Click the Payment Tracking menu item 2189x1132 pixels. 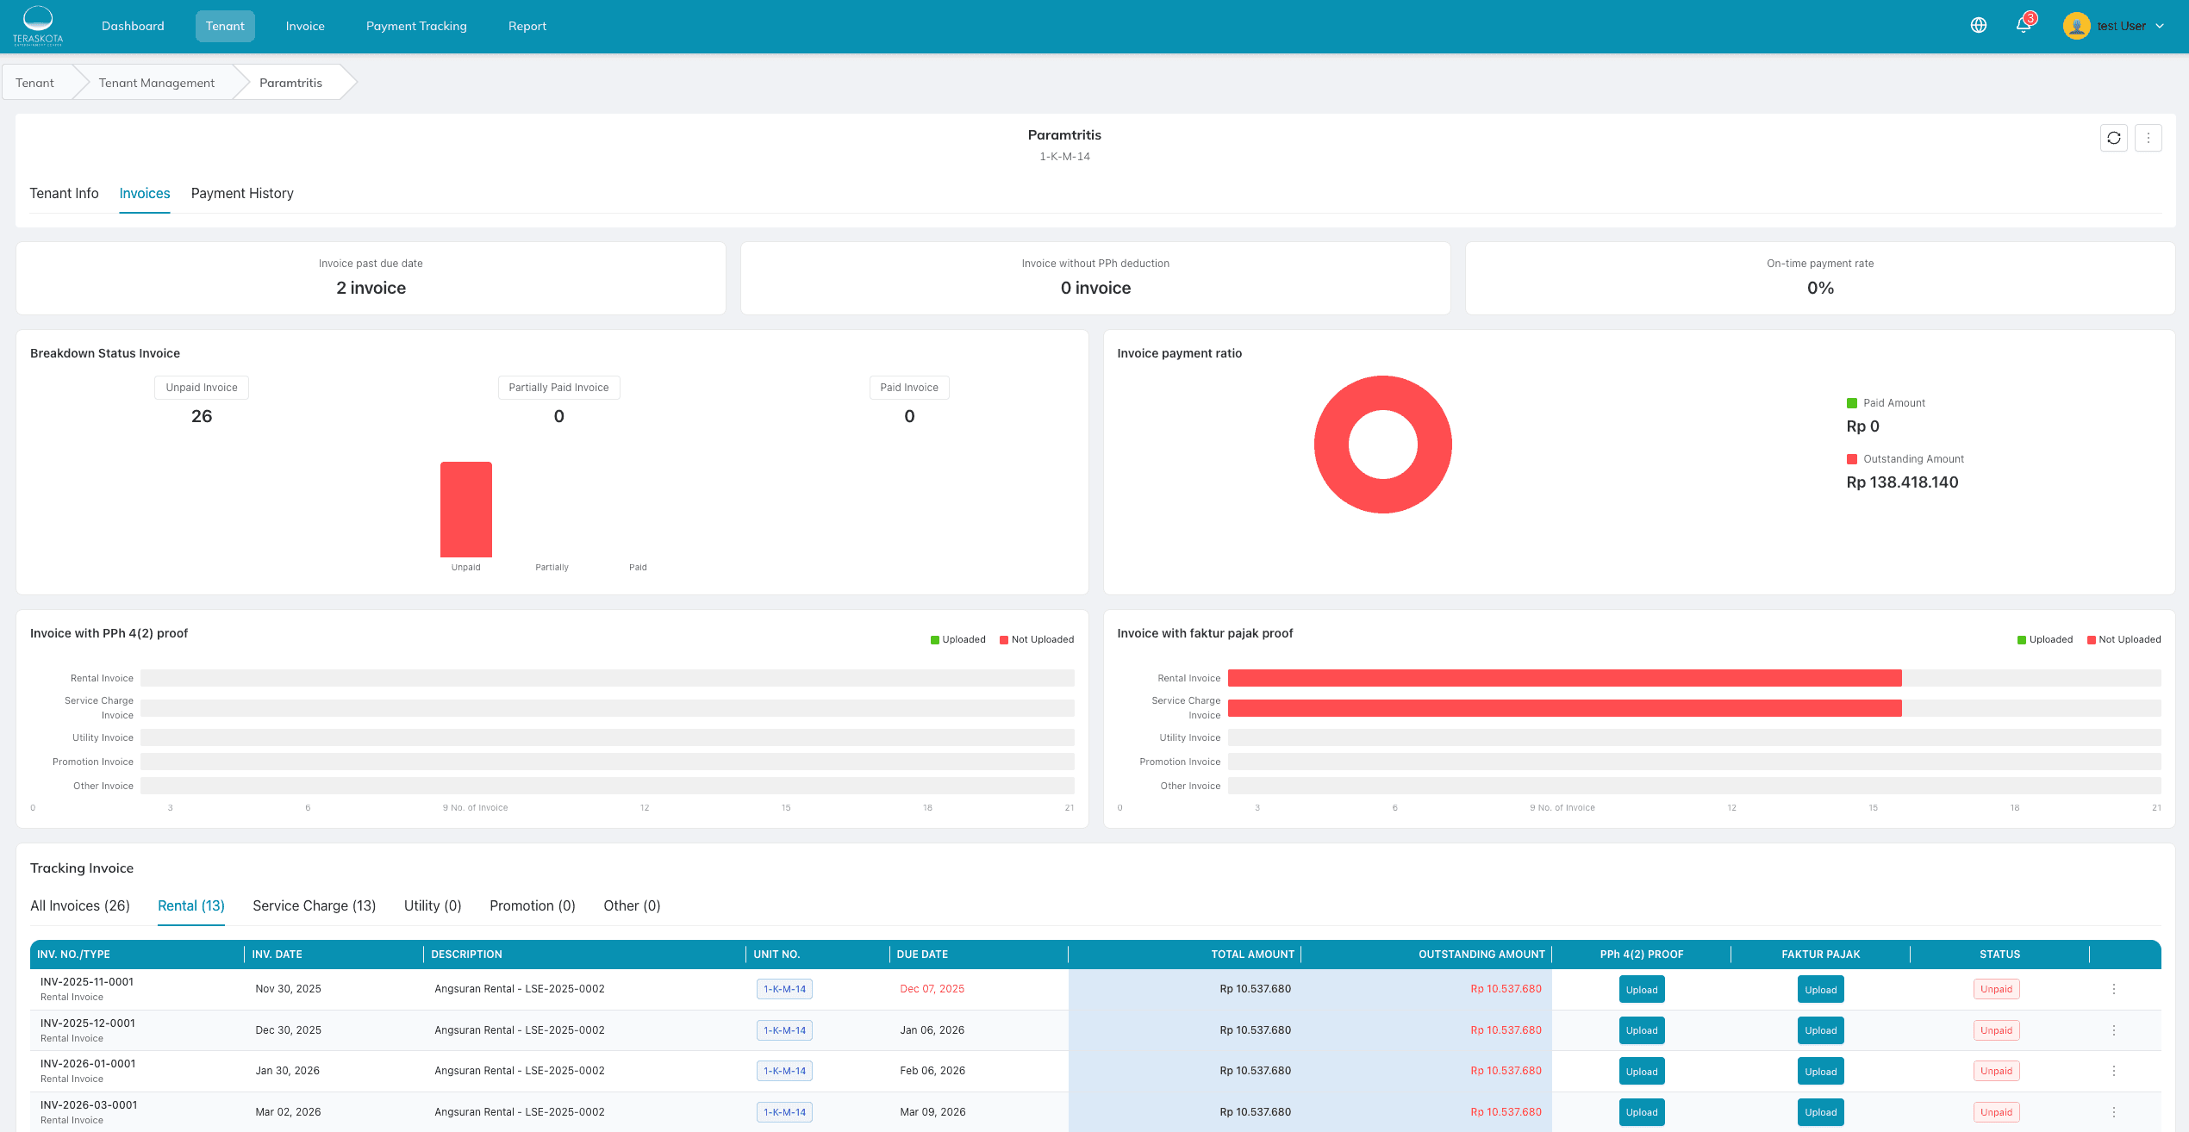click(x=416, y=26)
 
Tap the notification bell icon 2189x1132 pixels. click(x=2024, y=25)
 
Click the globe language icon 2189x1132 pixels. click(x=1979, y=25)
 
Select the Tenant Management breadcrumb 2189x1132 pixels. click(x=156, y=83)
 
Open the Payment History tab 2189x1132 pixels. click(x=242, y=193)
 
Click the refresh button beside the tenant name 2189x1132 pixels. click(x=2114, y=138)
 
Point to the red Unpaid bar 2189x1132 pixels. click(x=466, y=509)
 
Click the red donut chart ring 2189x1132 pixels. click(x=1331, y=445)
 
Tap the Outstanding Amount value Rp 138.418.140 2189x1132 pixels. click(x=1902, y=482)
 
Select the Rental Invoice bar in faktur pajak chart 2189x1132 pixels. click(x=1564, y=678)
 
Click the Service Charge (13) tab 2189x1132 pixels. click(x=314, y=905)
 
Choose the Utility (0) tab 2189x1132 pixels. click(x=433, y=905)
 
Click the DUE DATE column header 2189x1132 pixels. click(x=922, y=954)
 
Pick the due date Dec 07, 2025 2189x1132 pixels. click(x=932, y=989)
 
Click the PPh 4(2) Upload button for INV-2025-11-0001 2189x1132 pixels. click(x=1642, y=990)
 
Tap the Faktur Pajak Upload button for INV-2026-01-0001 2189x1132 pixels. click(x=1820, y=1072)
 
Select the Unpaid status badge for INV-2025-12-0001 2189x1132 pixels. click(x=1996, y=1030)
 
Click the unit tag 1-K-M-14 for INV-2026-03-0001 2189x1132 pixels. click(x=784, y=1112)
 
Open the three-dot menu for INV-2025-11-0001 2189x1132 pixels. click(x=2114, y=989)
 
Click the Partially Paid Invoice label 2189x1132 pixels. click(x=558, y=388)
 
